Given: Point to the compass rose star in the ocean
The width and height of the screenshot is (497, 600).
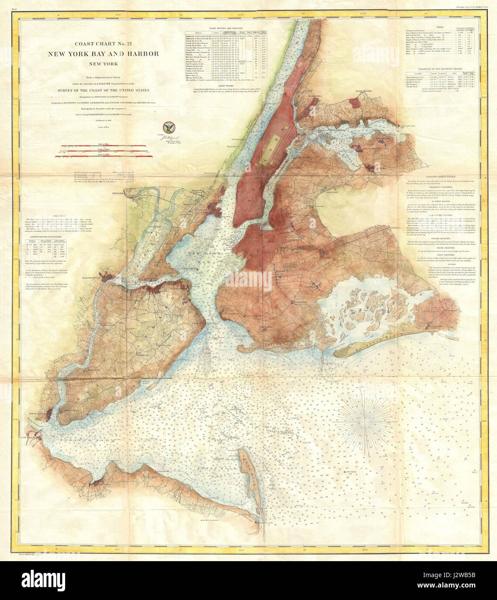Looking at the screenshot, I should (x=366, y=417).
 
